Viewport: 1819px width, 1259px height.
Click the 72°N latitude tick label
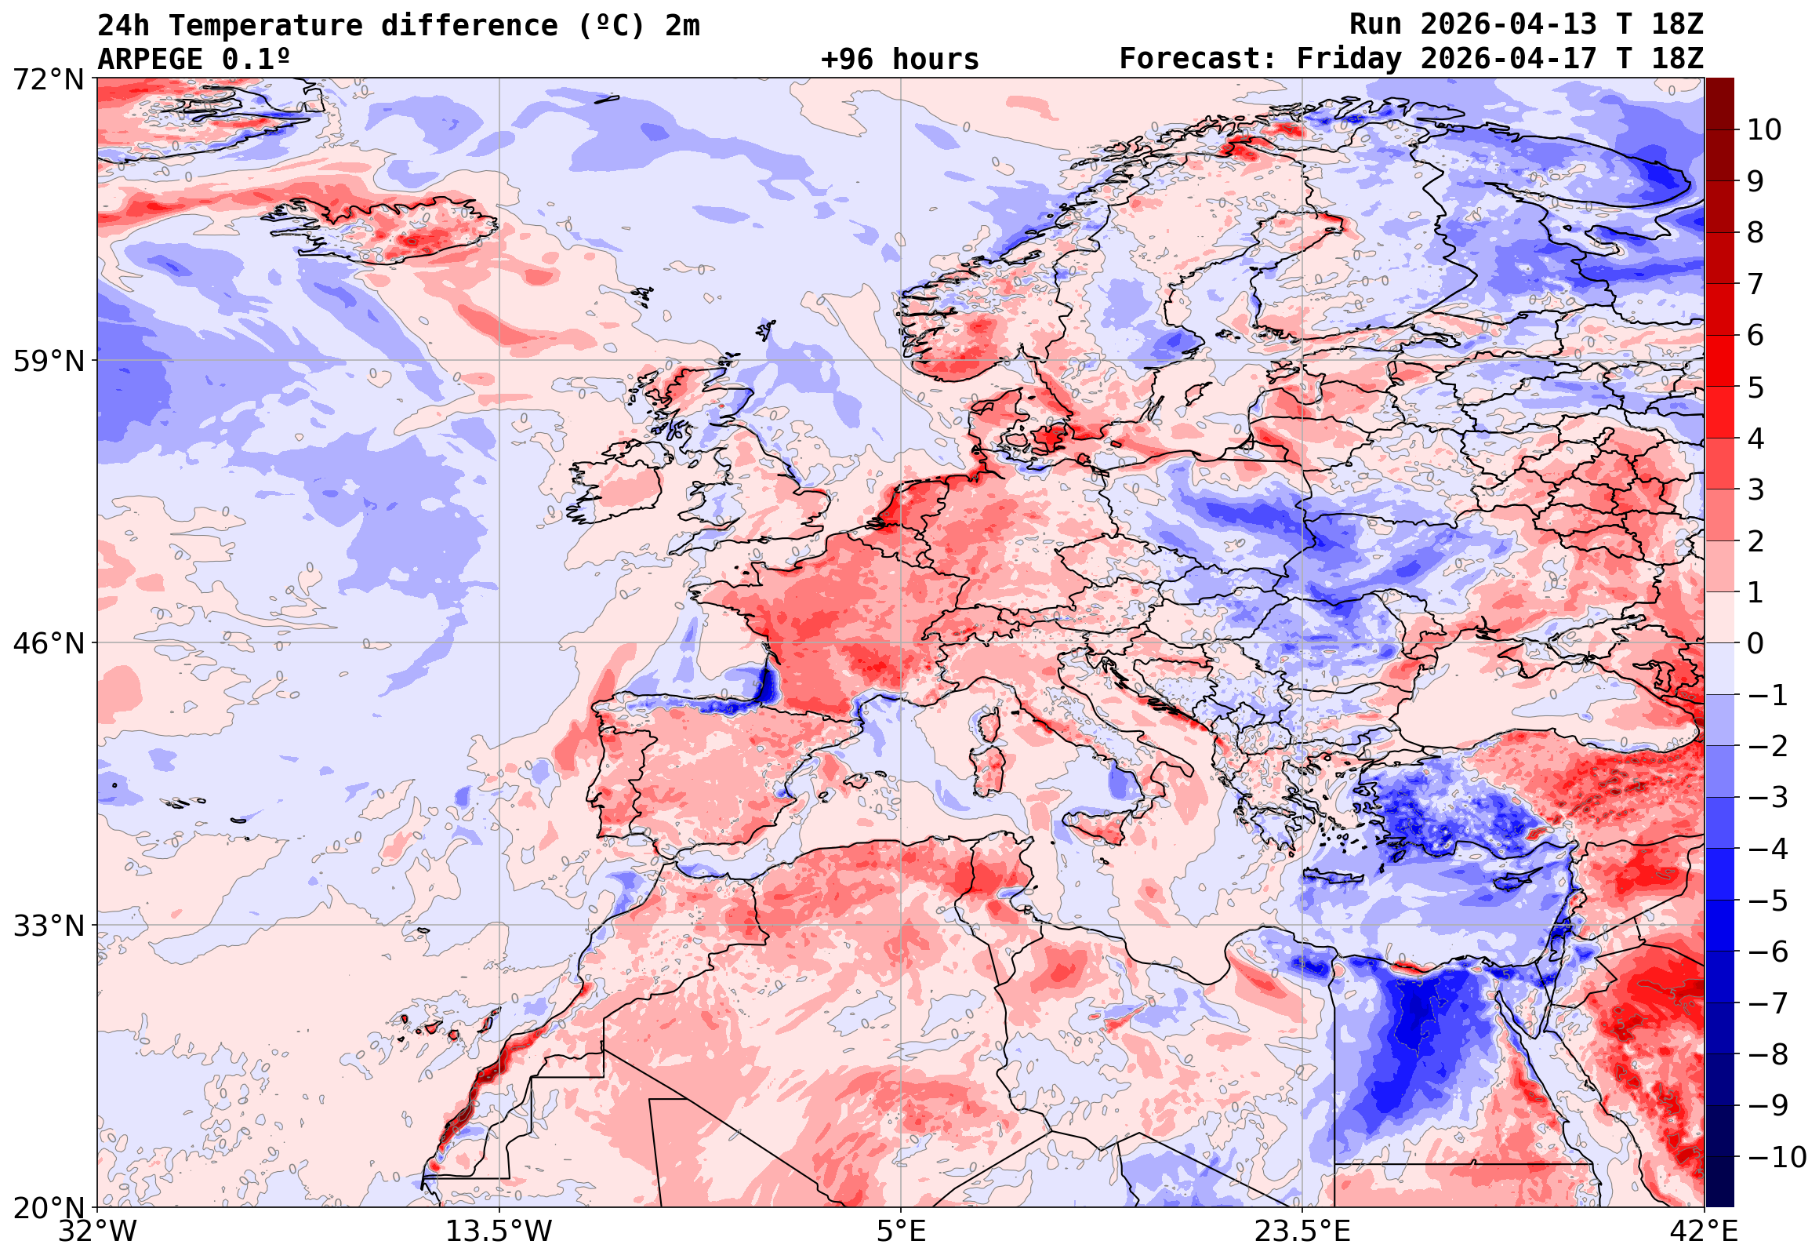(x=48, y=80)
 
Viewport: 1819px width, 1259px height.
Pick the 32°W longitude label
(x=98, y=1232)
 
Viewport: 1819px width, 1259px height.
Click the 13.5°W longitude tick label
(x=499, y=1232)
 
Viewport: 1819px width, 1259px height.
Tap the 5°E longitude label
(x=901, y=1232)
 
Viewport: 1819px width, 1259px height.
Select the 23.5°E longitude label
(x=1302, y=1232)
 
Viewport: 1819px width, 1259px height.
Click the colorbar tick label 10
(x=1764, y=130)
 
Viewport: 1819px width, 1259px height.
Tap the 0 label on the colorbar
(x=1755, y=644)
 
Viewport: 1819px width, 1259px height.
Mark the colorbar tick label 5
(x=1755, y=388)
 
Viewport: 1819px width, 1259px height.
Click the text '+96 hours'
(x=899, y=59)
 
